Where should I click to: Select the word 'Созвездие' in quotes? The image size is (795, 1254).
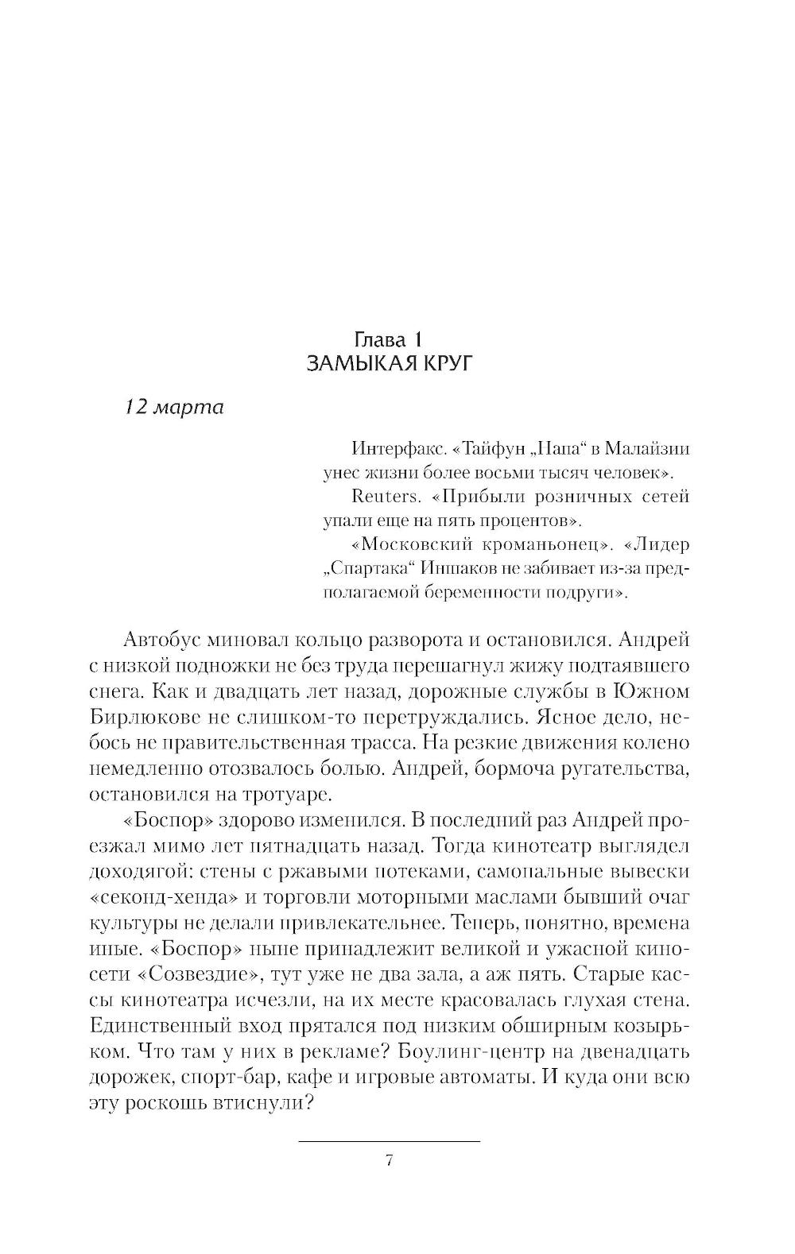pyautogui.click(x=197, y=974)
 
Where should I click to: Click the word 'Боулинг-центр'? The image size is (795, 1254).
pyautogui.click(x=480, y=1051)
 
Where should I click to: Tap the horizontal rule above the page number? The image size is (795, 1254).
pyautogui.click(x=390, y=1141)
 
